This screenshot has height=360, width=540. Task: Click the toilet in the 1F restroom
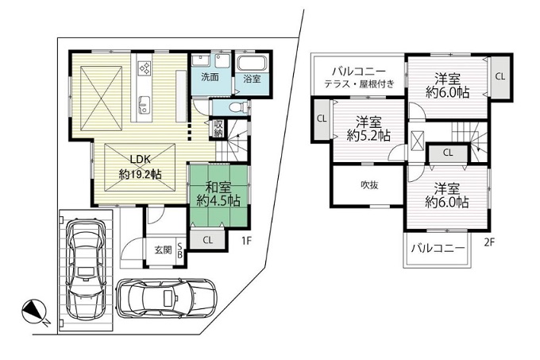pos(237,107)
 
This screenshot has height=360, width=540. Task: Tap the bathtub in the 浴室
pos(252,63)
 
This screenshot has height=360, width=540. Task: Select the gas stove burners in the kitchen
pos(145,68)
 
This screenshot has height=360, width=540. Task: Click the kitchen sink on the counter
pos(145,105)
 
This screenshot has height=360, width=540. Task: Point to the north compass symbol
pos(35,312)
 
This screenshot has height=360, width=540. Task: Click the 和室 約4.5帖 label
pos(218,194)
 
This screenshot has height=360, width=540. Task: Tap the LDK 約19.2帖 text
pos(141,167)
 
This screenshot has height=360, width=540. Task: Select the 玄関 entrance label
pos(163,250)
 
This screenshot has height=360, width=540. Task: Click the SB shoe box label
pos(180,250)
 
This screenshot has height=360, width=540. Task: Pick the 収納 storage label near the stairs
pos(218,129)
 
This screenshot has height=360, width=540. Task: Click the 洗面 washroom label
pos(210,77)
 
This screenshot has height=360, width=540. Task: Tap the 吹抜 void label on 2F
pos(369,185)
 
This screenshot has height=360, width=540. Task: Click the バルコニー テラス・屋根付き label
pos(358,78)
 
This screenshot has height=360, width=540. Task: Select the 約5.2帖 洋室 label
pos(368,129)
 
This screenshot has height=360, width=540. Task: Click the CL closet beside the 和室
pos(208,240)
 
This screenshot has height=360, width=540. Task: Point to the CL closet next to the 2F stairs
pos(448,153)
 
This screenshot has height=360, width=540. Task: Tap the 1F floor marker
pos(247,241)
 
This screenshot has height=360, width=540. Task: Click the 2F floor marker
pos(489,243)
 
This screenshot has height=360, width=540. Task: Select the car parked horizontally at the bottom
pos(167,297)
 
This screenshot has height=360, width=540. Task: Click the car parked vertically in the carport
pos(86,269)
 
